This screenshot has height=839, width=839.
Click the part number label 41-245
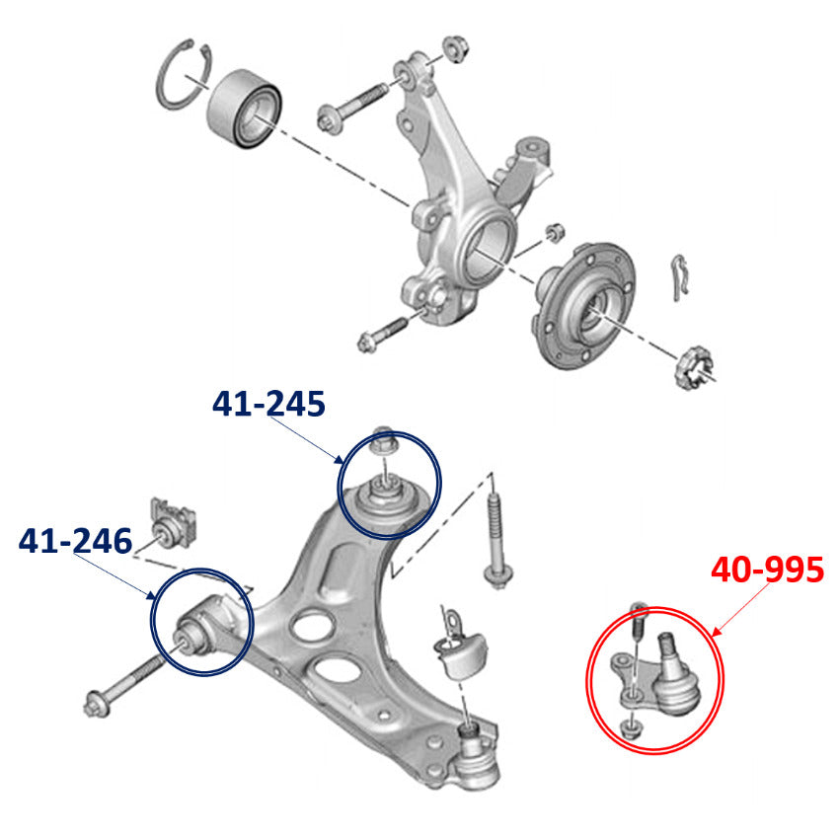tap(268, 404)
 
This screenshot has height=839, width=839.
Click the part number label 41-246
tap(75, 541)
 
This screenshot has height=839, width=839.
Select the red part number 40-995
tap(767, 570)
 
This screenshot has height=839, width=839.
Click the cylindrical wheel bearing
tap(245, 109)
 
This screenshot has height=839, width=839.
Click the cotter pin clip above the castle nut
tap(679, 277)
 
